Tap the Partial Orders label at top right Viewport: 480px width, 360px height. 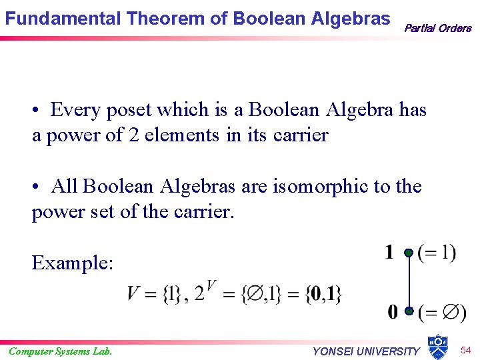tap(437, 28)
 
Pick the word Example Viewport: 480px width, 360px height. tap(72, 263)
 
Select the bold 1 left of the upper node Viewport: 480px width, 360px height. tap(389, 253)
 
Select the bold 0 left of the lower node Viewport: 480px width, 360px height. tap(393, 311)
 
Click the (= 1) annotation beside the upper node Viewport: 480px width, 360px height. tap(437, 253)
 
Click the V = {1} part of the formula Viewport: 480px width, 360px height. tap(155, 293)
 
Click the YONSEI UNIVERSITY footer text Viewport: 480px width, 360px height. tap(366, 351)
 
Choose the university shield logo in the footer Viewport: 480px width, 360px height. tap(437, 346)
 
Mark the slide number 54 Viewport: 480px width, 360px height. tap(465, 350)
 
